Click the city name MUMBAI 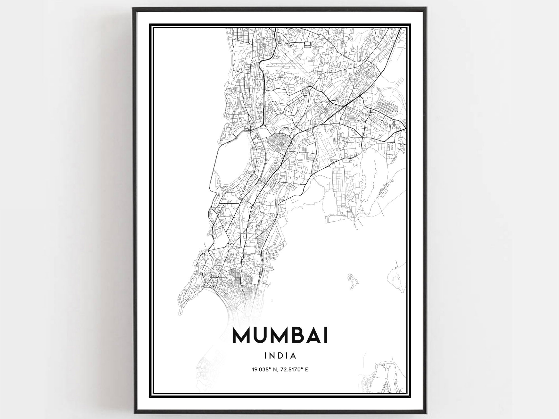[280, 336]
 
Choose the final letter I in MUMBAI [325, 336]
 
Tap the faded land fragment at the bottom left [207, 369]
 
